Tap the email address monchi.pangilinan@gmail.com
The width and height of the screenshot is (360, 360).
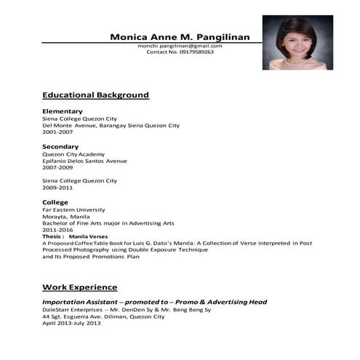point(180,46)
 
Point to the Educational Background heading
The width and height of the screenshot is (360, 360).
point(95,95)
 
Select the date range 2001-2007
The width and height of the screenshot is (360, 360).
point(57,132)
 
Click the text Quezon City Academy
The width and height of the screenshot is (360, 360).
point(73,154)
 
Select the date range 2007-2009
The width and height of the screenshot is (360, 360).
point(57,167)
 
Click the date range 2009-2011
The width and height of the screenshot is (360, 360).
point(57,187)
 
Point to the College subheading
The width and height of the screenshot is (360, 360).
point(55,201)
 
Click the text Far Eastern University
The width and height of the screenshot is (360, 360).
point(73,209)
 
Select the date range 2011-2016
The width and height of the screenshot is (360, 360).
point(57,229)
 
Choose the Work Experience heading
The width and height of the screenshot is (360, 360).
point(79,287)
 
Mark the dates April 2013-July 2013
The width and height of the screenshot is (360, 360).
point(72,323)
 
